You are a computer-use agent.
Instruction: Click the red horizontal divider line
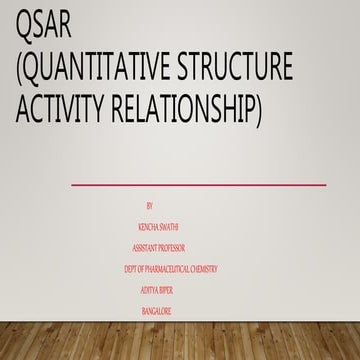212,184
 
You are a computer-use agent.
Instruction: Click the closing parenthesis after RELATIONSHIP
258,111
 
